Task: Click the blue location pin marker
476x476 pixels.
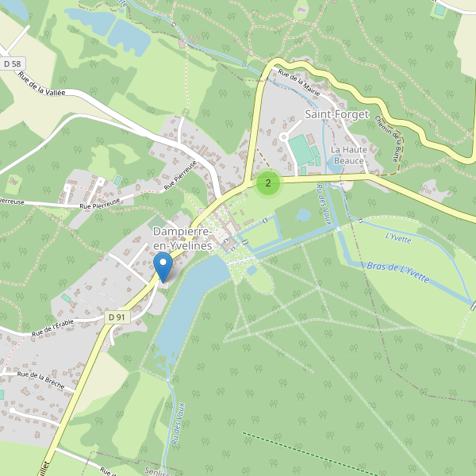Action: (163, 267)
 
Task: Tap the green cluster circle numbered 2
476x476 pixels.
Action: (268, 183)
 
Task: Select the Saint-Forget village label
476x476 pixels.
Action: (337, 114)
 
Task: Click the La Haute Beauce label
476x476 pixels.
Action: (347, 155)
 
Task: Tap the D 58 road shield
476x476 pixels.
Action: (12, 63)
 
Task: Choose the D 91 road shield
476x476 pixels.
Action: (117, 317)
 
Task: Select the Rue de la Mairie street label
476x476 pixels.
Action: (299, 83)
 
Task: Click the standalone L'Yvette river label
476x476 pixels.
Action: (397, 236)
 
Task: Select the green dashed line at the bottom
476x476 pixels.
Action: (301, 451)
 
